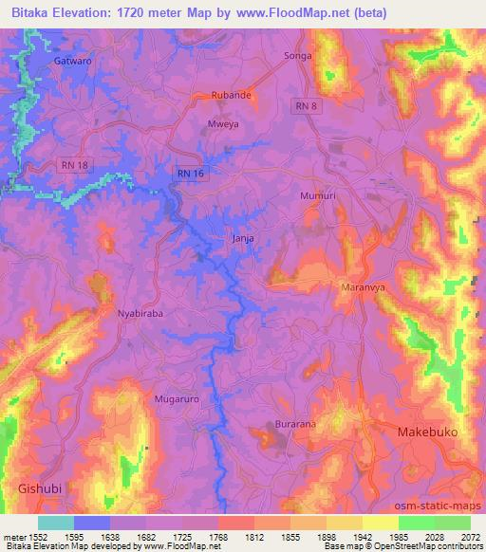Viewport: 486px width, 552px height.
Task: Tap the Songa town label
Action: [x=298, y=57]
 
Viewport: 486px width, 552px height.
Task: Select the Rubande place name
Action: [x=231, y=96]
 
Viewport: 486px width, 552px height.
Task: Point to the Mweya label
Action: [x=221, y=124]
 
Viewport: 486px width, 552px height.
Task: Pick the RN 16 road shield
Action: [x=190, y=173]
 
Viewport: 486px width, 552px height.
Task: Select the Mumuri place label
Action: [x=318, y=195]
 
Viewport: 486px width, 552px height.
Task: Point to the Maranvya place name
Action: [x=361, y=286]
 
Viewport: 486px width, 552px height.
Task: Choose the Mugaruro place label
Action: [x=177, y=399]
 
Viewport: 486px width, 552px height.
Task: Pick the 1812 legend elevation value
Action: [x=230, y=537]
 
